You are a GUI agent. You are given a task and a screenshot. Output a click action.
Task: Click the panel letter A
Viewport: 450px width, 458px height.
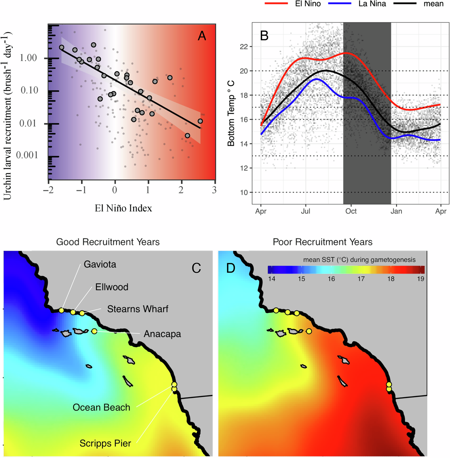(x=202, y=36)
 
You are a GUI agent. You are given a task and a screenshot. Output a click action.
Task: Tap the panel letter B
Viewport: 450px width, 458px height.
(x=264, y=36)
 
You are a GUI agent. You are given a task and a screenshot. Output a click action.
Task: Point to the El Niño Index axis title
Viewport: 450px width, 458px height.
(x=123, y=208)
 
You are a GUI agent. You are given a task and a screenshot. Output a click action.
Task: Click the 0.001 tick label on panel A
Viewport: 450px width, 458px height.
(x=27, y=155)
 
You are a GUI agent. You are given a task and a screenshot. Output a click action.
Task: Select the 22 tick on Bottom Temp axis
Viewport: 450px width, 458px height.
(x=244, y=47)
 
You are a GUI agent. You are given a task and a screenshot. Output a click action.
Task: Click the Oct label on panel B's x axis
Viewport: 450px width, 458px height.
(x=351, y=211)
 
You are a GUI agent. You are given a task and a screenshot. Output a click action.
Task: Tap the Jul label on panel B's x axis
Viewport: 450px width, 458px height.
(x=305, y=211)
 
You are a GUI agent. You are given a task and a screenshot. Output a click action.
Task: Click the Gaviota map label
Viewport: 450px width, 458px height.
(x=100, y=264)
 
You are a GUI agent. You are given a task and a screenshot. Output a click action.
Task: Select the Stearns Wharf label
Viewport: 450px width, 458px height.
(x=138, y=309)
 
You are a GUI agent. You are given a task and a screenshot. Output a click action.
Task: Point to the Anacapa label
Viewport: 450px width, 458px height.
(x=162, y=334)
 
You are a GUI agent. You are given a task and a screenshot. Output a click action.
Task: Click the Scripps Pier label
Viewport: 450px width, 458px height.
(x=105, y=443)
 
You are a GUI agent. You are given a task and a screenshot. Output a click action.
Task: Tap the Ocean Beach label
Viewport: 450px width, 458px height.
(x=101, y=407)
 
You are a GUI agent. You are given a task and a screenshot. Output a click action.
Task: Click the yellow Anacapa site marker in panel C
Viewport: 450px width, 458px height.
(x=94, y=331)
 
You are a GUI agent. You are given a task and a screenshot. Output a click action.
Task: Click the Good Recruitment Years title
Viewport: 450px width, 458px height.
(x=108, y=242)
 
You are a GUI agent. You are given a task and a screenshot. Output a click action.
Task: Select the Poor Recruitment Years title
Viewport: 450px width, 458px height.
(x=322, y=242)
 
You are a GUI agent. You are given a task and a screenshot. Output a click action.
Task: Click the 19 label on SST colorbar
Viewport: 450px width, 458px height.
(x=420, y=279)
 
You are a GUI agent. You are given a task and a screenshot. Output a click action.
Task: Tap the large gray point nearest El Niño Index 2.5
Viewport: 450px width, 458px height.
(x=200, y=121)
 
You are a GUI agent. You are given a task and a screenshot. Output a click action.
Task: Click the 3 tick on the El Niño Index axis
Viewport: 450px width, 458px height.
(x=214, y=190)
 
